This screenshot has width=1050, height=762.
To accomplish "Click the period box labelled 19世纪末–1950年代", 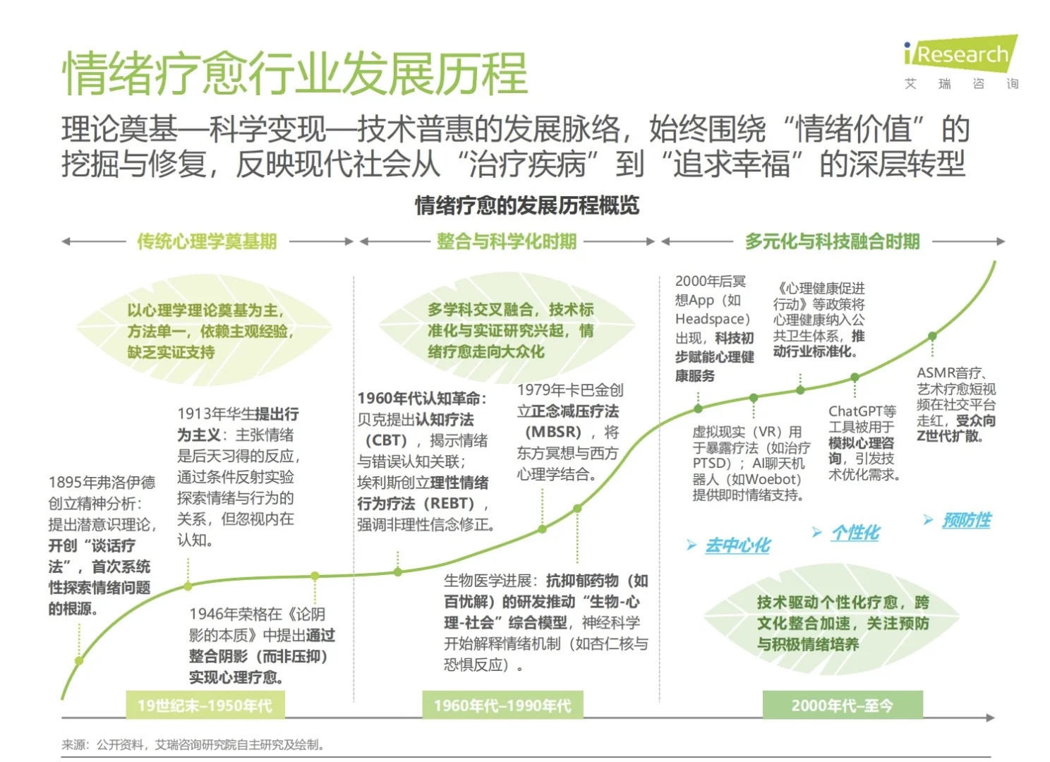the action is coord(205,705).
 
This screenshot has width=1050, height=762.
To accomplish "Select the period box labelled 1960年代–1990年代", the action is coord(502,705).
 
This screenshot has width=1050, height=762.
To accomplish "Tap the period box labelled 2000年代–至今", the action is coord(842,705).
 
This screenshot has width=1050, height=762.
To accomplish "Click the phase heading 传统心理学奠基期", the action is coord(207,241).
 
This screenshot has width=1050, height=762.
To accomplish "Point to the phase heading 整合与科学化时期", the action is coord(506,241).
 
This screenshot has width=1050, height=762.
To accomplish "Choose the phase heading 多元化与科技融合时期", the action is coord(832,241).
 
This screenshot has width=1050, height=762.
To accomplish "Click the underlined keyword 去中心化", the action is coord(737,545).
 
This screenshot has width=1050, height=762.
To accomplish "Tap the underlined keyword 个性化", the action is coord(855,533).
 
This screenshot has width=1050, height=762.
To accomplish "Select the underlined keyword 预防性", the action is coord(966,521).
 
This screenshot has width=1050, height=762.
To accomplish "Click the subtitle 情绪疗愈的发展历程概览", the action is coord(526,205).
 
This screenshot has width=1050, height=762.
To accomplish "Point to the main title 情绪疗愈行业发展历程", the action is coord(295,73).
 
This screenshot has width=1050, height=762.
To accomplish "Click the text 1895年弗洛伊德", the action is coord(102,483).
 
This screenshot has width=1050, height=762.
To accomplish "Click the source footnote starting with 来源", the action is coord(193,744).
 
